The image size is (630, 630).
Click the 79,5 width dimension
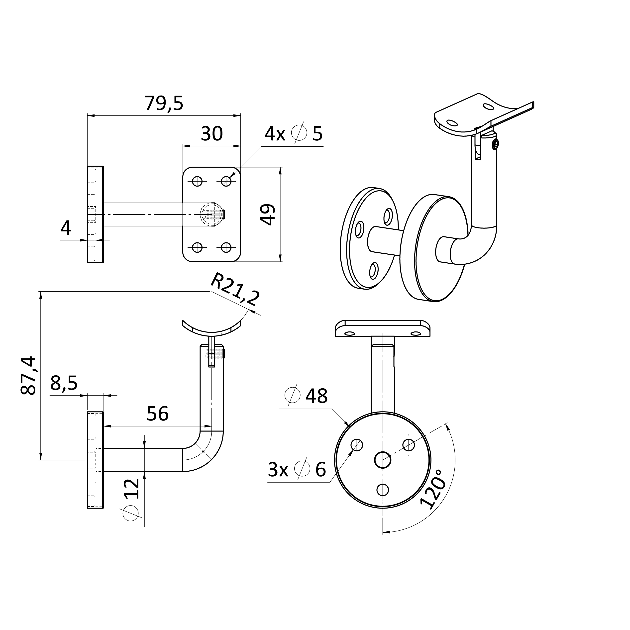click(x=164, y=103)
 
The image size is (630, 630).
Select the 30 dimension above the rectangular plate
click(x=212, y=134)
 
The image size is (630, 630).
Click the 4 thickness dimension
click(x=66, y=228)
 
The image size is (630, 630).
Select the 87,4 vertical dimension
click(x=28, y=376)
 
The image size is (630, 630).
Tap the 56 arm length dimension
click(x=158, y=414)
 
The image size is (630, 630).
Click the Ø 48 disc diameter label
click(x=306, y=396)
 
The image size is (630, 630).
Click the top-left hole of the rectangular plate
click(x=197, y=181)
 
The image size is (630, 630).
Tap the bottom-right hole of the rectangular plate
click(x=226, y=247)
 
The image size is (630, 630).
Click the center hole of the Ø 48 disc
click(x=383, y=460)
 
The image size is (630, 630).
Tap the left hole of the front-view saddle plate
click(x=350, y=334)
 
